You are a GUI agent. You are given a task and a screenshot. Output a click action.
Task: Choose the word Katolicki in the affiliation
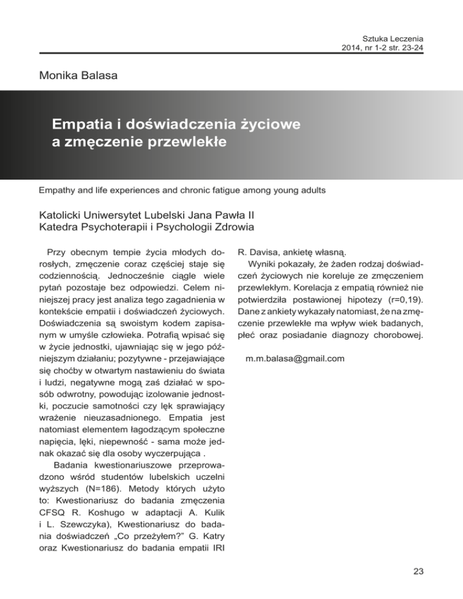pyautogui.click(x=64, y=215)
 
